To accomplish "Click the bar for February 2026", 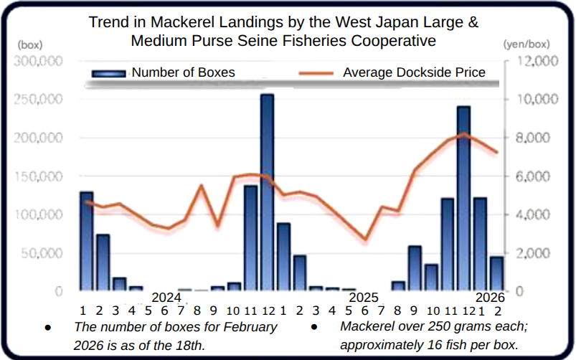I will pos(496,274).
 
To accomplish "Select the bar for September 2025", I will pos(415,268).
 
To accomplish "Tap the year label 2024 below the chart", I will pos(166,297).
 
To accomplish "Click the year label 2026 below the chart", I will pos(491,297).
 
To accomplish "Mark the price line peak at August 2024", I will pos(202,186).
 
